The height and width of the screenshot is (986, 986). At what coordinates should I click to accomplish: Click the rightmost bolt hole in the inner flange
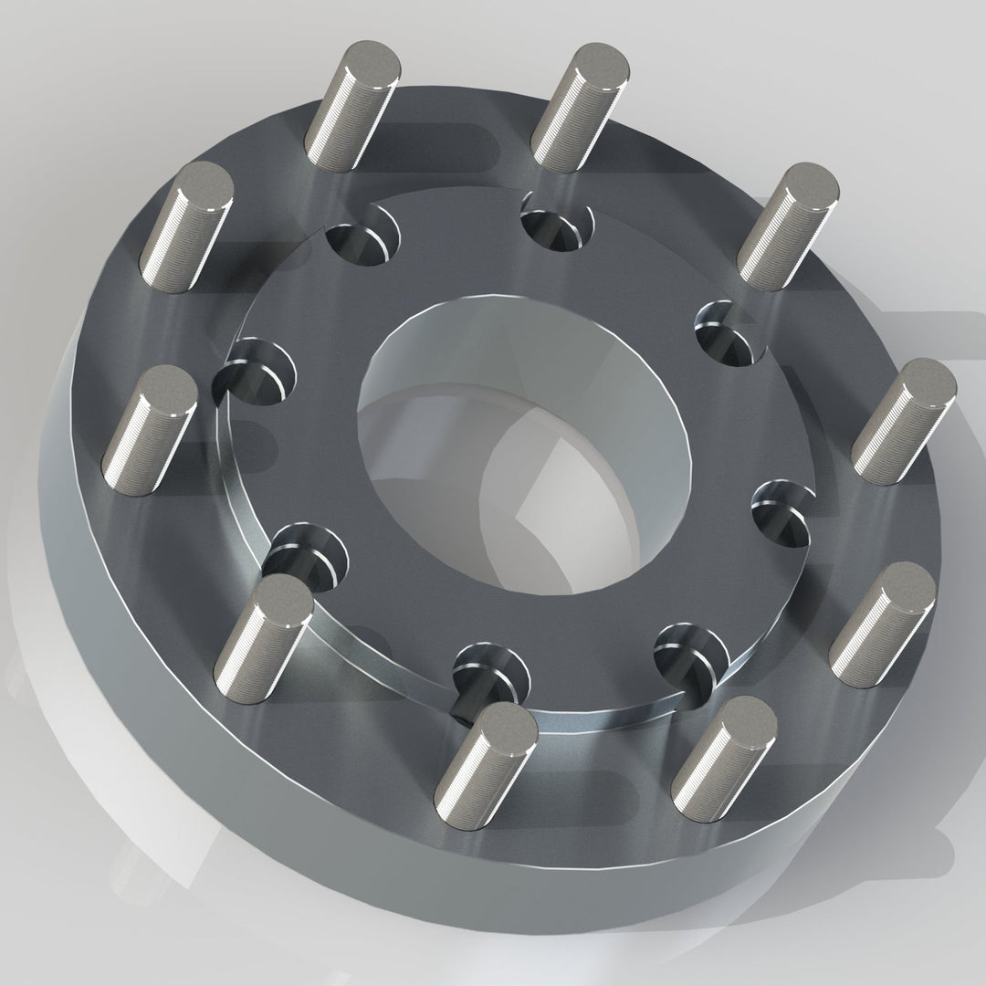[x=783, y=512]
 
